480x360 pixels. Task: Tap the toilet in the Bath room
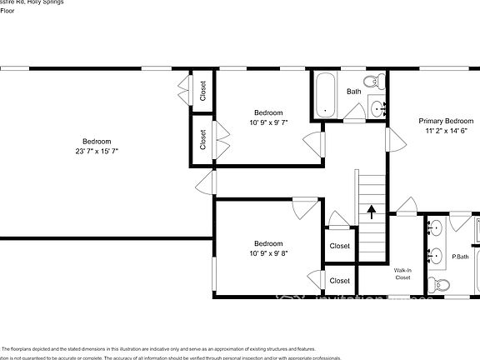[x=380, y=82]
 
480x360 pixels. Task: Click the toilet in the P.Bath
[x=442, y=285]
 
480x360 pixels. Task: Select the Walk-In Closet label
[x=403, y=274]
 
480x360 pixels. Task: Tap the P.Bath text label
[x=460, y=257]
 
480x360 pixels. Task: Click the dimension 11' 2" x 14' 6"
[x=446, y=131]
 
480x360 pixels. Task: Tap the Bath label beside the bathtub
[x=354, y=92]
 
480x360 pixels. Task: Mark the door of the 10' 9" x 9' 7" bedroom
[x=314, y=142]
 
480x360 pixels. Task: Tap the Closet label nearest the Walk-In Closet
[x=339, y=281]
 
